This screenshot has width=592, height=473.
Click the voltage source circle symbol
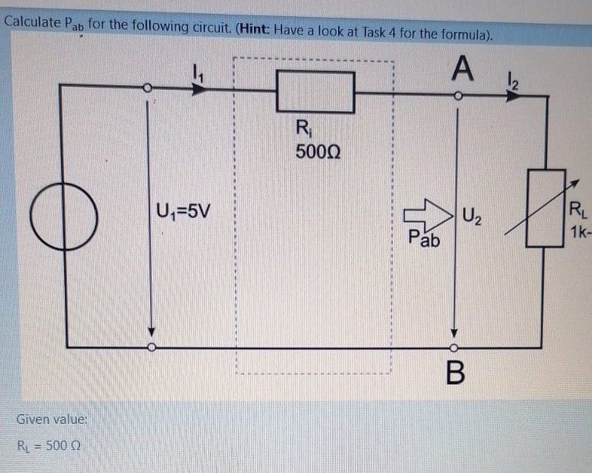63,217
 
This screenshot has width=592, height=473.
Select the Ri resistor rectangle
315,91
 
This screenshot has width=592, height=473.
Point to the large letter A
460,70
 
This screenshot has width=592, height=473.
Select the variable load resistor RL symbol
545,207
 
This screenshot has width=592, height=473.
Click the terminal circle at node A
457,96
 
